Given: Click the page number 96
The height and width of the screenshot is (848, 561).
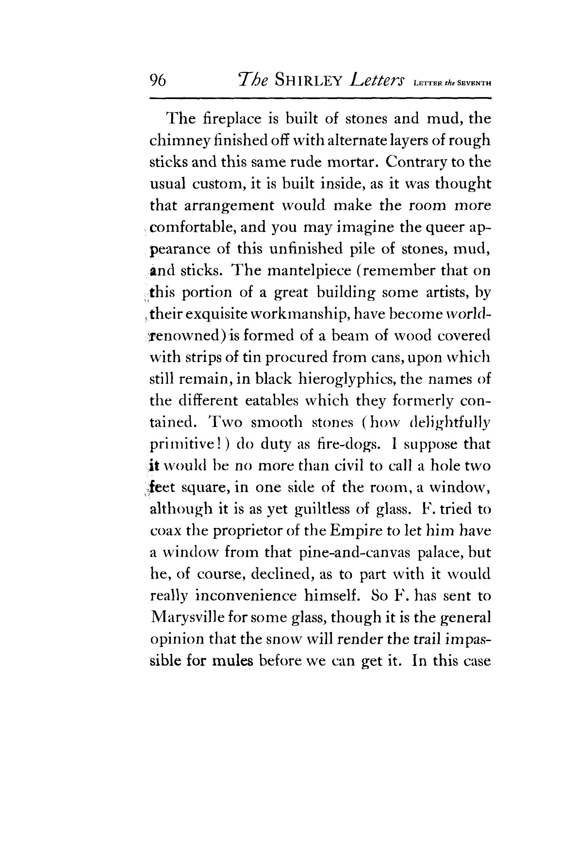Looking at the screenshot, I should tap(158, 80).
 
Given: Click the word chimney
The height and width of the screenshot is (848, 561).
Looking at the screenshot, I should tap(180, 141).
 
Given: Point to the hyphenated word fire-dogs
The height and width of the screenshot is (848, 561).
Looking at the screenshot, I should tap(349, 444).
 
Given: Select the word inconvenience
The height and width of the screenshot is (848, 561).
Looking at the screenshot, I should tap(246, 596).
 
